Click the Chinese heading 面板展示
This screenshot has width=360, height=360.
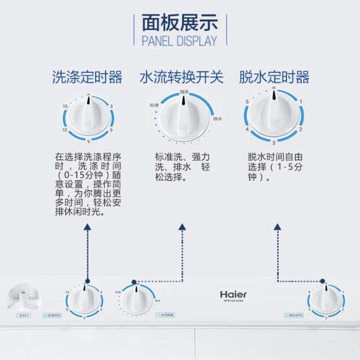(179, 21)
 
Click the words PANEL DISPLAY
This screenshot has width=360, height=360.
(179, 41)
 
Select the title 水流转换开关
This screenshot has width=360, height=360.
(181, 77)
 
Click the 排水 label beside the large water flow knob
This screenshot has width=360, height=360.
(217, 118)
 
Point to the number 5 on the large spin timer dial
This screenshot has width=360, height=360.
(247, 102)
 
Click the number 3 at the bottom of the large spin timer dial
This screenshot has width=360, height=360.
(274, 141)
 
